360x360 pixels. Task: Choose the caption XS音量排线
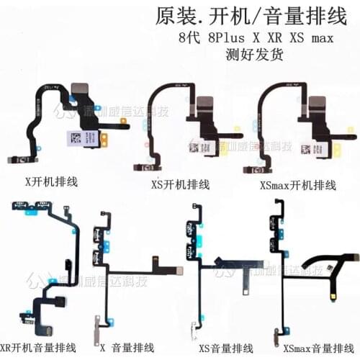(225, 349)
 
